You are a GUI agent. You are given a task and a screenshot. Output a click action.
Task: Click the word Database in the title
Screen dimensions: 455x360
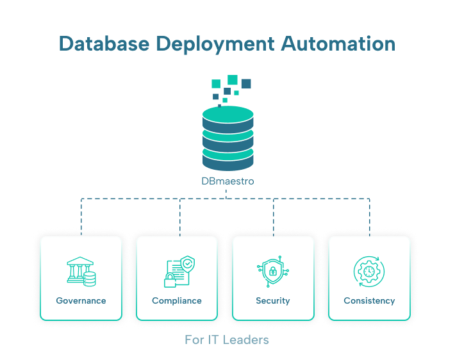104,44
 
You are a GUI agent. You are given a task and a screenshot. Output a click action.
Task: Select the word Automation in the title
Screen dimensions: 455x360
338,44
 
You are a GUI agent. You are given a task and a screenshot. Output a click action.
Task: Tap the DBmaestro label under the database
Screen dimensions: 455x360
227,181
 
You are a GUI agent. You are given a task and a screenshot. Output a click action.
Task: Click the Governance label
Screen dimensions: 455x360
81,300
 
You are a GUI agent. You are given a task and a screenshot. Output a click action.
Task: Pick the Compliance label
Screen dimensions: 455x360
177,301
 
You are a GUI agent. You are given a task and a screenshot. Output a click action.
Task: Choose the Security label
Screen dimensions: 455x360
273,301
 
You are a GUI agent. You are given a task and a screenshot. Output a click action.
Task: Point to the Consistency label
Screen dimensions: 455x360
369,301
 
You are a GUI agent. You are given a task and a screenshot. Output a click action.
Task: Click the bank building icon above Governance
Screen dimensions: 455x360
81,272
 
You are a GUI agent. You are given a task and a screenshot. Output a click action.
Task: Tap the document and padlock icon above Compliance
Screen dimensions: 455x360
179,272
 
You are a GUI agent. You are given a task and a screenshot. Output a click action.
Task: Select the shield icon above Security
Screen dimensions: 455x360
273,272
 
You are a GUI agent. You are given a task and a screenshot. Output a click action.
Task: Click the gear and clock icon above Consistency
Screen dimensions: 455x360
369,272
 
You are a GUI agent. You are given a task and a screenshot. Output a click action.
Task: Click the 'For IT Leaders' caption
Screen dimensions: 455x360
227,340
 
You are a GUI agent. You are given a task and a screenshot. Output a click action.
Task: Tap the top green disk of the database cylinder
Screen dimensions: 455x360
227,114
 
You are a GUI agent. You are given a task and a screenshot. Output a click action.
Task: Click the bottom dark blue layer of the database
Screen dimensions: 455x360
227,163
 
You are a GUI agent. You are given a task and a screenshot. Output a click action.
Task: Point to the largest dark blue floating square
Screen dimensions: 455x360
246,83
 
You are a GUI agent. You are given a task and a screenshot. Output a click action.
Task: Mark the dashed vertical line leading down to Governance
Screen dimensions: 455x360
81,217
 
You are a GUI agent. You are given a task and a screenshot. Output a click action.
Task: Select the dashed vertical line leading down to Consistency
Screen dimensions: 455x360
369,217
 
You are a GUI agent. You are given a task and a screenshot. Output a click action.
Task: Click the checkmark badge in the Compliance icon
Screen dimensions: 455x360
188,264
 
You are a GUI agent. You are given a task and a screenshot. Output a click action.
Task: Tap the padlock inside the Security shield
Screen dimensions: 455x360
273,271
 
